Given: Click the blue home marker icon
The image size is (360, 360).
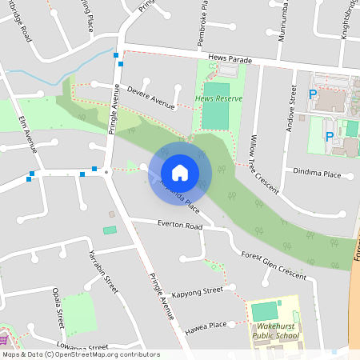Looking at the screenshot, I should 180,172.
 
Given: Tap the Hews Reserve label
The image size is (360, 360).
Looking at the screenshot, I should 218,99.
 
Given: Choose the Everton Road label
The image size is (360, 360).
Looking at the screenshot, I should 180,226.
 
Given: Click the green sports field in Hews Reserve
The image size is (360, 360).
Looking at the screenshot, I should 215,116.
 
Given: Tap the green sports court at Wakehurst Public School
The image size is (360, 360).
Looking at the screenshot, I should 264,311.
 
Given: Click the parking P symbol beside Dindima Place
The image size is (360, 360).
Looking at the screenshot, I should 329,137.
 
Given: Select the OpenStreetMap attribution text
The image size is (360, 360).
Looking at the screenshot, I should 80,354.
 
